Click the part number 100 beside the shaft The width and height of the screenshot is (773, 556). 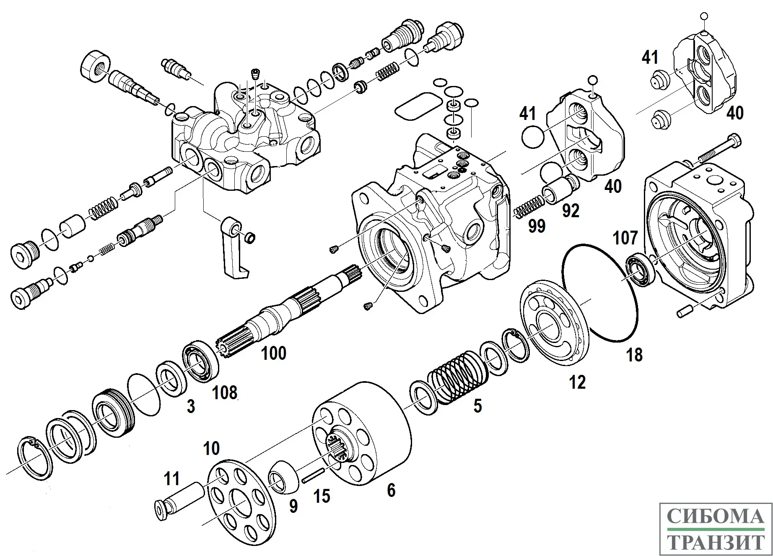coord(274,353)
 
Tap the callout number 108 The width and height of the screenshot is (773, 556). coord(225,393)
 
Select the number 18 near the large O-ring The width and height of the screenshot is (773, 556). coord(634,355)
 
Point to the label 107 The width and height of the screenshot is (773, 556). coord(625,238)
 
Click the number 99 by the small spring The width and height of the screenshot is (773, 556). coord(537,226)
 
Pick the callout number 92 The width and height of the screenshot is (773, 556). coord(571,210)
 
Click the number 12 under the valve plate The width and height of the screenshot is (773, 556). coord(577,382)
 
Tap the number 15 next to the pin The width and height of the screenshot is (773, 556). coord(322,496)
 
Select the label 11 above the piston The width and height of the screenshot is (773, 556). coord(171,478)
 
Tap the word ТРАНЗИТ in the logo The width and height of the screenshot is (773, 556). coord(716,543)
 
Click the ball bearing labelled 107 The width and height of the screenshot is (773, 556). coord(640,269)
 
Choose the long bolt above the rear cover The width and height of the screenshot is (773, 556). coord(719,149)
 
